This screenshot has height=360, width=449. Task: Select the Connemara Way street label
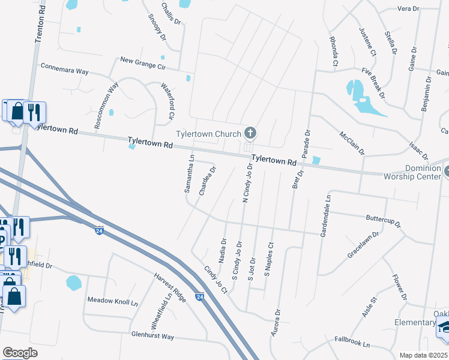point(64,69)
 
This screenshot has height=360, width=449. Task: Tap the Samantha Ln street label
point(189,174)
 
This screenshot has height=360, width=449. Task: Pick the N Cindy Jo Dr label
point(247,182)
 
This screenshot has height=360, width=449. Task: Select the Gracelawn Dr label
point(363,245)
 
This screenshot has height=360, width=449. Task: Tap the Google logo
point(20,353)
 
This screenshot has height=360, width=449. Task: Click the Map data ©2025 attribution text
point(423,355)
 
